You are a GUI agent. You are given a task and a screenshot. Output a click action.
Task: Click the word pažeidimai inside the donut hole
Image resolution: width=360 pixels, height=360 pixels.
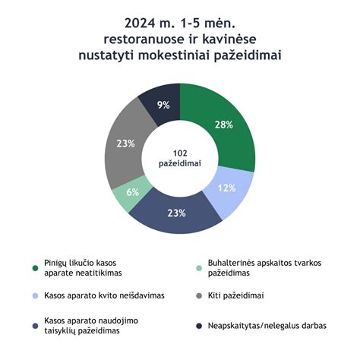click(x=180, y=163)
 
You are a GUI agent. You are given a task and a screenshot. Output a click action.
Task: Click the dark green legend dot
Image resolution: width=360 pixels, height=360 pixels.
click(x=36, y=267)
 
